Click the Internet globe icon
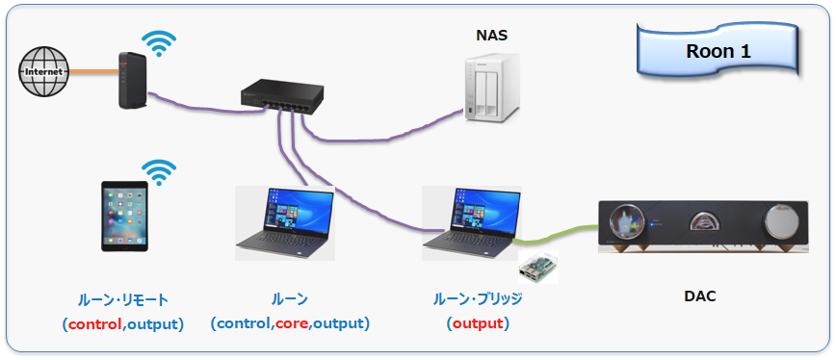(43, 71)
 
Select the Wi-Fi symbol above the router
(158, 43)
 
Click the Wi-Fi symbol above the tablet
(158, 172)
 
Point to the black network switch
(281, 96)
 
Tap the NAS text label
(491, 36)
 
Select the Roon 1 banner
(718, 51)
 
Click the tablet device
(125, 216)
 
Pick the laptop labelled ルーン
(285, 222)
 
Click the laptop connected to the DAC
(472, 222)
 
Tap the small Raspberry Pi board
(538, 267)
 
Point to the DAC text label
(700, 296)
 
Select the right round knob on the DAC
(781, 221)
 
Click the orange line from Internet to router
(93, 71)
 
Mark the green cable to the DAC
(557, 235)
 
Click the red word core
(292, 323)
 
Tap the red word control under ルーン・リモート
(95, 323)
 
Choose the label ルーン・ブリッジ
(478, 298)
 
